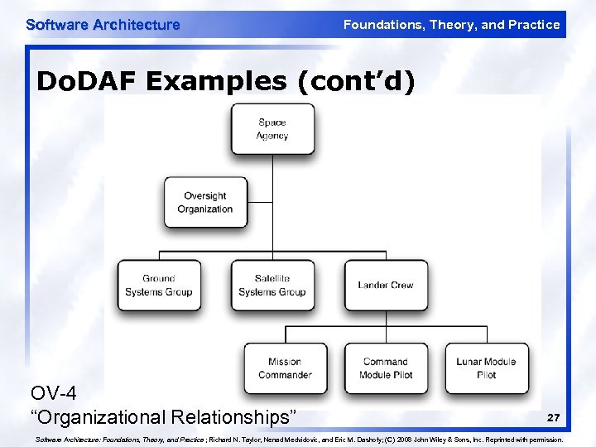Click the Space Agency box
(x=272, y=129)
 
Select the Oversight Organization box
(x=205, y=202)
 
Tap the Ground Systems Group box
(x=158, y=286)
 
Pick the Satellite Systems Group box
(x=272, y=286)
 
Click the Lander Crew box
(x=386, y=286)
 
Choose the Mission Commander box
(x=285, y=368)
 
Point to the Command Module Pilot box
(x=386, y=368)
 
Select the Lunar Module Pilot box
(x=487, y=368)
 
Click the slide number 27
(x=553, y=417)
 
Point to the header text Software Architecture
(x=103, y=25)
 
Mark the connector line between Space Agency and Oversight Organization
(x=272, y=166)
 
